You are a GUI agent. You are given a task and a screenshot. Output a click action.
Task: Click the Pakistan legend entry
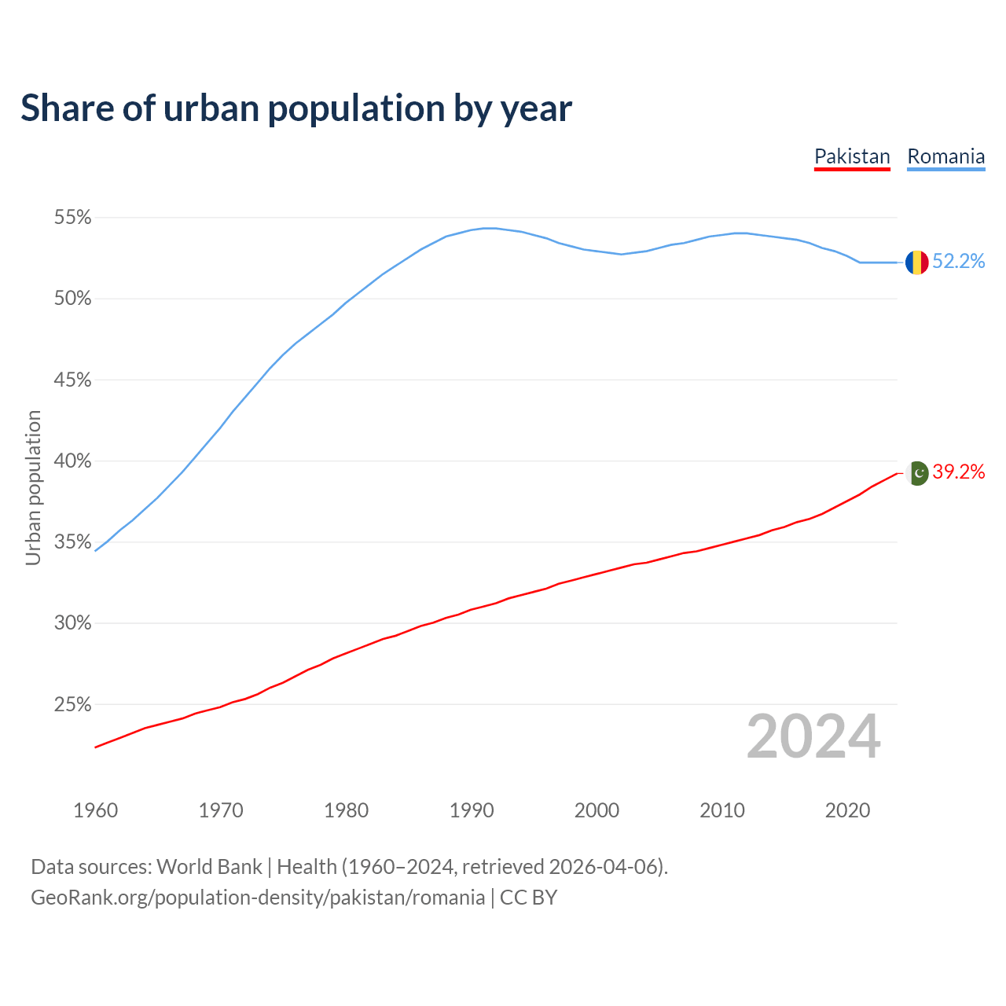(852, 156)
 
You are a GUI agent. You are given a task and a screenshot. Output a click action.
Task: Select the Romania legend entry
(945, 156)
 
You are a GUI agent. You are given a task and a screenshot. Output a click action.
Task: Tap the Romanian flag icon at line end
(916, 262)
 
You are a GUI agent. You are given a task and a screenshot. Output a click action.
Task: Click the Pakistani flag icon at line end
(918, 472)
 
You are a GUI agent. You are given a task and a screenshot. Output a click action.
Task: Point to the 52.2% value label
(959, 262)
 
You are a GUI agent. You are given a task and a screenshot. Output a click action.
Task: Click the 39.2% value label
(959, 472)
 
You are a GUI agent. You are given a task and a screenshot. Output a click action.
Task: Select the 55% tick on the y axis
(72, 218)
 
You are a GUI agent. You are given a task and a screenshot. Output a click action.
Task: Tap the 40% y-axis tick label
(72, 461)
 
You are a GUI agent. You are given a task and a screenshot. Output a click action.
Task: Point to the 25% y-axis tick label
(72, 705)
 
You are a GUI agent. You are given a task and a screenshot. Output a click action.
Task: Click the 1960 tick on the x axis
(95, 810)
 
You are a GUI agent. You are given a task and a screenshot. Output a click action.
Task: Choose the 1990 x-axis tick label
(472, 810)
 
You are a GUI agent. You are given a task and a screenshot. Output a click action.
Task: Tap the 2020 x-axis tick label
(847, 810)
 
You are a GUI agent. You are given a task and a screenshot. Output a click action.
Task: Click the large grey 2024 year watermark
(813, 736)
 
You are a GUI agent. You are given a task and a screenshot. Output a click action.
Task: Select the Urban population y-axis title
(33, 487)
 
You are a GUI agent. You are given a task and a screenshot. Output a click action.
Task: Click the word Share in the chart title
(66, 108)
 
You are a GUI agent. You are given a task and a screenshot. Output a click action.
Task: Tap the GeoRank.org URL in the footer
(258, 898)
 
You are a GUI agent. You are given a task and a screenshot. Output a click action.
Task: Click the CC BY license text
(528, 898)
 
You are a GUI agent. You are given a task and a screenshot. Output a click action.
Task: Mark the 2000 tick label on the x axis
(597, 810)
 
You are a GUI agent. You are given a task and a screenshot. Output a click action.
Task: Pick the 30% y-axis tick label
(72, 623)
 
